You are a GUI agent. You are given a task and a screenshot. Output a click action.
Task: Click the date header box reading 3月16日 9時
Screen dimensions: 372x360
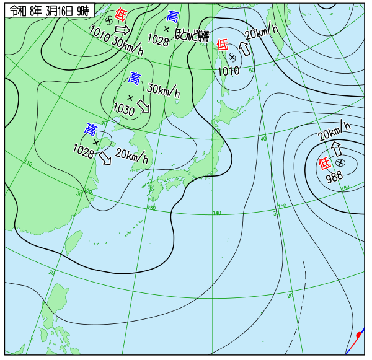click(x=49, y=11)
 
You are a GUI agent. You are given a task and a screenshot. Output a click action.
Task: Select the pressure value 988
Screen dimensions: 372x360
click(x=334, y=176)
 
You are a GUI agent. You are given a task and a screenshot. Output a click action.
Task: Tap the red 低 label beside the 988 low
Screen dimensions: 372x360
click(x=324, y=164)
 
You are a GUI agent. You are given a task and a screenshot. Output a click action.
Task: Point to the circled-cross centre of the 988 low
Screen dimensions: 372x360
click(x=340, y=162)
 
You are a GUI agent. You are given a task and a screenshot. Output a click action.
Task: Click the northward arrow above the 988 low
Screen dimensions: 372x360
click(x=337, y=149)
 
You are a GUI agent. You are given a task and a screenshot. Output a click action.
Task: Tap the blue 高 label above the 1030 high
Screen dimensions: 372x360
click(x=135, y=78)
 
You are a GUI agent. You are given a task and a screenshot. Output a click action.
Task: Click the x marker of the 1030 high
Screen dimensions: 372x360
click(x=130, y=97)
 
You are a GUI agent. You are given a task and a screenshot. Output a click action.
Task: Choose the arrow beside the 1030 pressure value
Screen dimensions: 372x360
click(x=144, y=106)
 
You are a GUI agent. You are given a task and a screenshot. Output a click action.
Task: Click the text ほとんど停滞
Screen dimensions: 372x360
click(x=192, y=35)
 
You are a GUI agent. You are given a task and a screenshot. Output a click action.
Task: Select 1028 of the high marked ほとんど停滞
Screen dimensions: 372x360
click(x=158, y=41)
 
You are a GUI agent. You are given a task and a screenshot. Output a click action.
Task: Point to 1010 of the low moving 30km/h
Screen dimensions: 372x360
click(x=99, y=30)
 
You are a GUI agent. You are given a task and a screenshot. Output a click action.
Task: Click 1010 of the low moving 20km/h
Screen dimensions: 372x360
click(x=228, y=71)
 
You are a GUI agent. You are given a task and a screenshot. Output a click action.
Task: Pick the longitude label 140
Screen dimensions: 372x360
click(x=216, y=213)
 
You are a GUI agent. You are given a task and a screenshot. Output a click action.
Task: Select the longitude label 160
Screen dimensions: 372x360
click(x=345, y=187)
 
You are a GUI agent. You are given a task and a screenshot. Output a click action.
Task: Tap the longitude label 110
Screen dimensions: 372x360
click(x=29, y=164)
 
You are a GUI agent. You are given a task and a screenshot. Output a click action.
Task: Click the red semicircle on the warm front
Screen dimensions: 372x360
click(x=359, y=335)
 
